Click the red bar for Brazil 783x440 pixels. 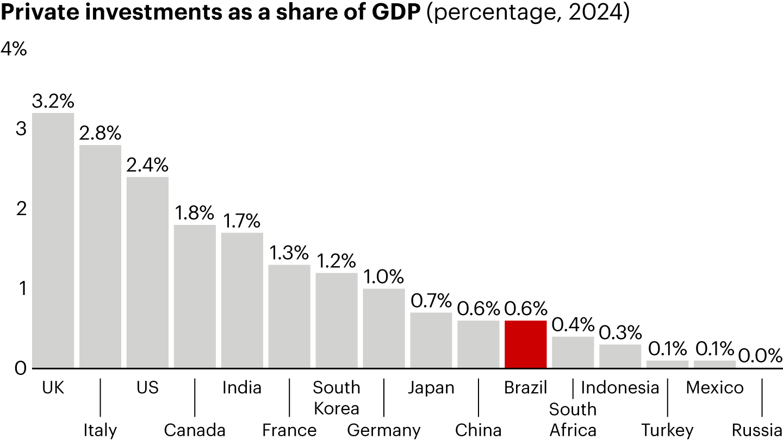point(525,344)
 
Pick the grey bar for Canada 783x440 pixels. point(195,297)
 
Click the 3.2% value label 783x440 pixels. point(53,102)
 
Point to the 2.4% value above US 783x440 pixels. point(147,165)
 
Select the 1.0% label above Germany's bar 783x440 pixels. point(384,276)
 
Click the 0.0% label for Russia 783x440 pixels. point(761,356)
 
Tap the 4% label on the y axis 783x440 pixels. point(14,49)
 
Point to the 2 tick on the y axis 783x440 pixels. point(21,209)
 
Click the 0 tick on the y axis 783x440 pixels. point(21,368)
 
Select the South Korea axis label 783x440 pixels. point(337,398)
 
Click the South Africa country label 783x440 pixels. point(573,419)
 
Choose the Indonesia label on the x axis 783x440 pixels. point(620,388)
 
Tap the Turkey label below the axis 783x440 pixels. point(667,430)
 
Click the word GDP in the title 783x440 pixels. point(394,15)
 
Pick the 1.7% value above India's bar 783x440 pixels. point(242,221)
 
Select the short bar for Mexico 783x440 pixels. point(714,364)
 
